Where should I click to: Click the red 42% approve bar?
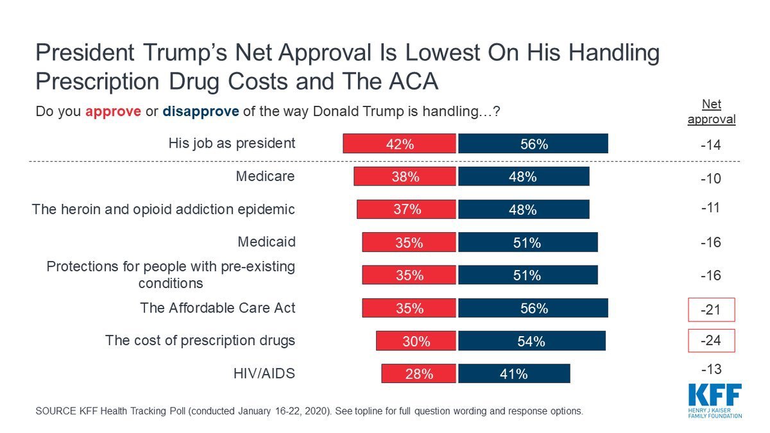tap(399, 144)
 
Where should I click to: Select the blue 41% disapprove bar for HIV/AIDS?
tap(513, 373)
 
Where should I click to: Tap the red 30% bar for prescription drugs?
tap(416, 341)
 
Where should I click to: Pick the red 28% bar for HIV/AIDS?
tap(418, 373)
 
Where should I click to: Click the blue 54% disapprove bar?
tap(531, 341)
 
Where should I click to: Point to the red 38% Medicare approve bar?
tap(405, 177)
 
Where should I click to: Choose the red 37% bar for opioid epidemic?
tap(407, 209)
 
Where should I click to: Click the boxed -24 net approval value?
tap(711, 341)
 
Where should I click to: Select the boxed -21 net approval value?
tap(711, 310)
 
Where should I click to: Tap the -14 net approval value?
tap(711, 146)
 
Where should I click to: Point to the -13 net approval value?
tap(711, 369)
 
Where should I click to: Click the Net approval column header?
tap(711, 112)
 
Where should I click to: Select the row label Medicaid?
tap(266, 242)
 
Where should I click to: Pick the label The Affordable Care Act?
tap(218, 308)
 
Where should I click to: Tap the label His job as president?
tap(232, 143)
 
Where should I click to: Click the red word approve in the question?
tap(113, 111)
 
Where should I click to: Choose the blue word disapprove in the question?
tap(201, 111)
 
